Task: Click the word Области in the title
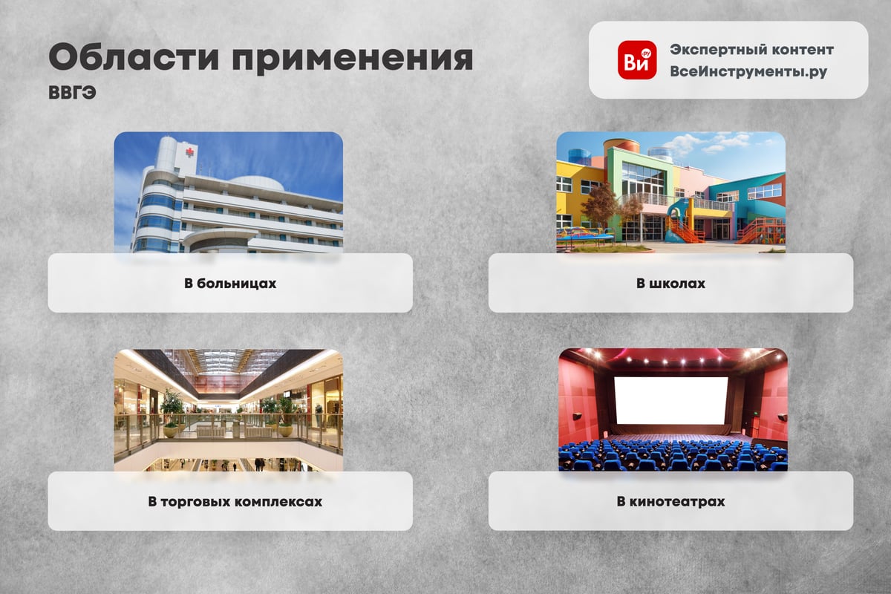click(134, 57)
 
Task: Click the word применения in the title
click(353, 59)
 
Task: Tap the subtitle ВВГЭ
click(73, 93)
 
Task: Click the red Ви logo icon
click(637, 60)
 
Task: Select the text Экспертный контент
click(751, 50)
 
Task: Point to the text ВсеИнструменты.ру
click(748, 71)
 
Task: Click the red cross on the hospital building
click(190, 152)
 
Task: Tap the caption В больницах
click(230, 284)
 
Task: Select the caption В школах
click(670, 284)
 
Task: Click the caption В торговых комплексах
click(235, 501)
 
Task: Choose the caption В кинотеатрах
click(670, 501)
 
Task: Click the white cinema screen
click(671, 401)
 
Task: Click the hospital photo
click(229, 192)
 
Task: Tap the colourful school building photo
click(670, 192)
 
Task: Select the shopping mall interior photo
click(229, 410)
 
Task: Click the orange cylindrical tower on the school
click(621, 146)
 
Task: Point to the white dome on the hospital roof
click(257, 183)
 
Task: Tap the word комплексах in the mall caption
click(278, 501)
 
